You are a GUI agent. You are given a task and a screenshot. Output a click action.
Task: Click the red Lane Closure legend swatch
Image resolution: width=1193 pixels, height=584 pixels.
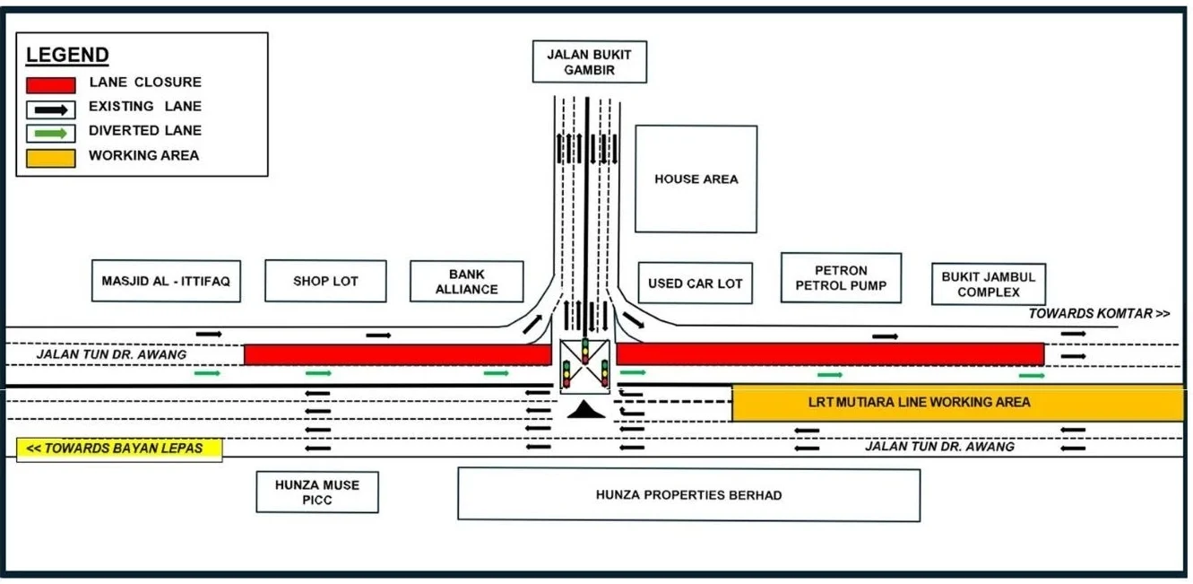51,85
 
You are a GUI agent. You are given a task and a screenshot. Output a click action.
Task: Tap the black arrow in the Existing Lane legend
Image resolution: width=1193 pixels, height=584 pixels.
51,110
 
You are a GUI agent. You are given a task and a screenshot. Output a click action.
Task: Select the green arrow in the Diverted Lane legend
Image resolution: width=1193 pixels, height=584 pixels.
51,133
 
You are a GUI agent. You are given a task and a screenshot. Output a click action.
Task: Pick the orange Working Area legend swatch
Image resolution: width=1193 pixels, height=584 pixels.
51,158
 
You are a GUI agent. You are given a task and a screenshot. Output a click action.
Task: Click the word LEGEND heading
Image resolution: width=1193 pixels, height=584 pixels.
67,55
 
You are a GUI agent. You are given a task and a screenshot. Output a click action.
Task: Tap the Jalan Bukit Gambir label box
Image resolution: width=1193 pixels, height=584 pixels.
590,62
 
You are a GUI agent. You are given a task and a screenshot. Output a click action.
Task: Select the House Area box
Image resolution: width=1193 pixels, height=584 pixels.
696,179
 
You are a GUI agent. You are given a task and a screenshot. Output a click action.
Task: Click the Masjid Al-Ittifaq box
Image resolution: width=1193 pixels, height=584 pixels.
166,281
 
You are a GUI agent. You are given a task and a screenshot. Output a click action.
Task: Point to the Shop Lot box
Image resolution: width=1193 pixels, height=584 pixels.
325,281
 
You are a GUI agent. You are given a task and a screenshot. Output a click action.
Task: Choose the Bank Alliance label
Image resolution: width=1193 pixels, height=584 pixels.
467,282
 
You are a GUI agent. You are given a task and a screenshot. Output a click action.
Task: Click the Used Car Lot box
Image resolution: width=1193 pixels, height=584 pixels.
695,283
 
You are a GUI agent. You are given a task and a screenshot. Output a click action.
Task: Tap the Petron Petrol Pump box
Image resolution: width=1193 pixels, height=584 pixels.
841,278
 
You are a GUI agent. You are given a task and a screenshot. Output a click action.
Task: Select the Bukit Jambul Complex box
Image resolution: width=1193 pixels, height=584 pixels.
989,284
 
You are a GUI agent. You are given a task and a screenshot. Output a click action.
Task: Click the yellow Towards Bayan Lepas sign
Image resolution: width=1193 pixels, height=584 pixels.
119,449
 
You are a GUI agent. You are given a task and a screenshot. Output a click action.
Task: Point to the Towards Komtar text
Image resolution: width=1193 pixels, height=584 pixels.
1099,313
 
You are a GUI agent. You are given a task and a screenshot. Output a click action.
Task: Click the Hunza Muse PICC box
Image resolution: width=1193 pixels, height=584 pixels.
317,492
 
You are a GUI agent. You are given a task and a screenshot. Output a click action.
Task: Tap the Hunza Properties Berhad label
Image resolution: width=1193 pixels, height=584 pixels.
688,495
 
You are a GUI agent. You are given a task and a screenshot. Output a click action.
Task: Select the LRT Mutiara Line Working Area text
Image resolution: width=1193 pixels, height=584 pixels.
919,402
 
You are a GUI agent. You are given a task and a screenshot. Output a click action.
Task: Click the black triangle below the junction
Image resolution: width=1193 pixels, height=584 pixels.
585,410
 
